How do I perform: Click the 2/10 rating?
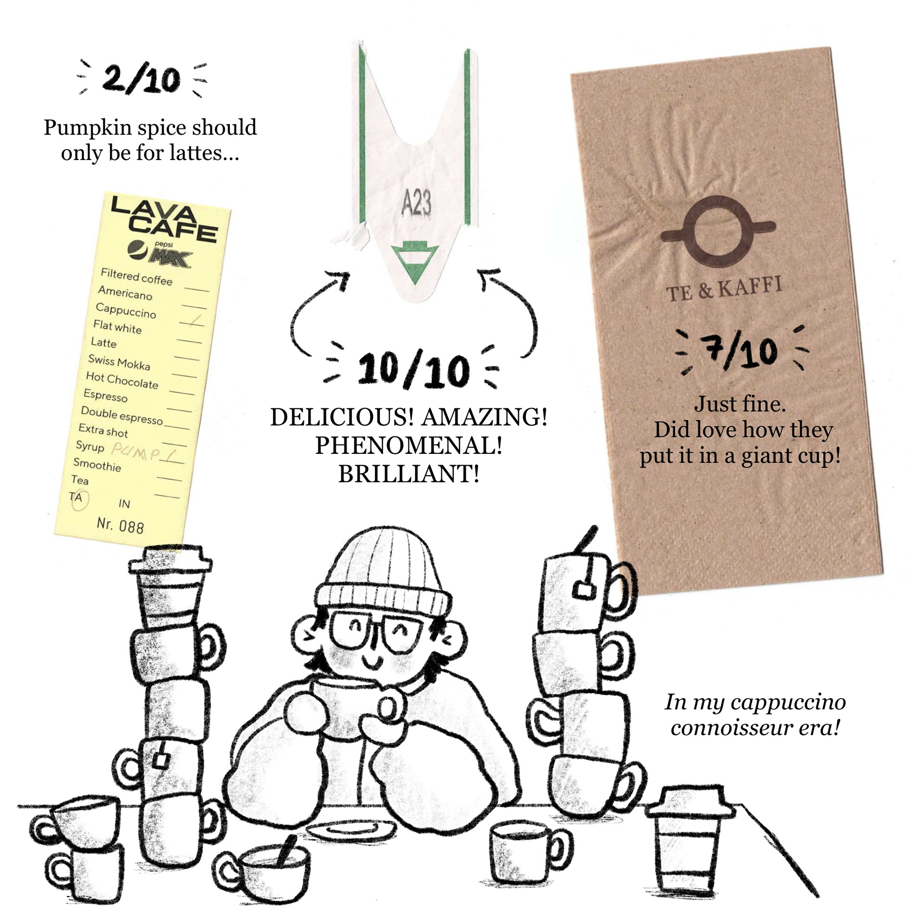(x=141, y=80)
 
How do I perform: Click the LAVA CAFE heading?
(x=163, y=218)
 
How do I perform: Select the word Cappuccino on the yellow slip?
(x=126, y=311)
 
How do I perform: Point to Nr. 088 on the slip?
(x=120, y=525)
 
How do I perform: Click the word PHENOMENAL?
(x=409, y=446)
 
